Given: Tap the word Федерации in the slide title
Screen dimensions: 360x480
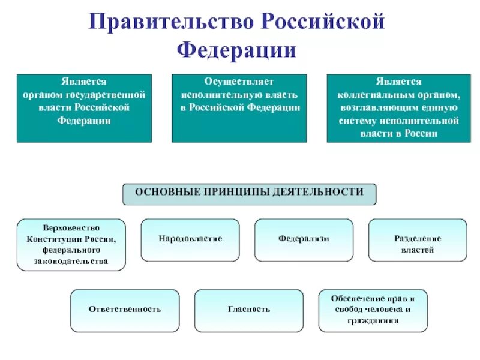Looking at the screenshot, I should tap(236, 49).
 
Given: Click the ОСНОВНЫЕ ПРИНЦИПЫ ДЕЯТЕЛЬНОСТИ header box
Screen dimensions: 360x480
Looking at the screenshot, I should tap(250, 193).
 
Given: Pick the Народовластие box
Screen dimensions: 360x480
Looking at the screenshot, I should tap(190, 239).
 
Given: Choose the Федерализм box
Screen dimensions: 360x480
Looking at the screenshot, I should tap(304, 239).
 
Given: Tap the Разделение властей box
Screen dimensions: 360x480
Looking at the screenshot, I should tap(417, 240).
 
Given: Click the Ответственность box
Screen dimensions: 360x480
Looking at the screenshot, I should tap(125, 310).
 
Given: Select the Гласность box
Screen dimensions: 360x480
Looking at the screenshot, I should tap(249, 310).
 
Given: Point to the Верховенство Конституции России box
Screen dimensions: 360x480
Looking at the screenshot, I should tap(71, 245).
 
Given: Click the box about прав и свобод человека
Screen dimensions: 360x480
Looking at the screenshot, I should tap(373, 310).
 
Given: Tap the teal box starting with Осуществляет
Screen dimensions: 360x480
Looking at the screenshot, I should tap(239, 108).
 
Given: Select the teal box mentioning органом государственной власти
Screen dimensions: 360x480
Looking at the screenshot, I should tap(84, 108).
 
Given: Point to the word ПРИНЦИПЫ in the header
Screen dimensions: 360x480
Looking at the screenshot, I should tap(238, 193).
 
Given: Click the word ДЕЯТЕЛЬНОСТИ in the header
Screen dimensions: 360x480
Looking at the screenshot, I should tap(318, 193).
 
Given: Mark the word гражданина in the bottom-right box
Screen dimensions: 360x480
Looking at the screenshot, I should tap(373, 321).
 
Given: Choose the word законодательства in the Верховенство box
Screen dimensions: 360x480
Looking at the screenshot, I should tap(71, 261).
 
